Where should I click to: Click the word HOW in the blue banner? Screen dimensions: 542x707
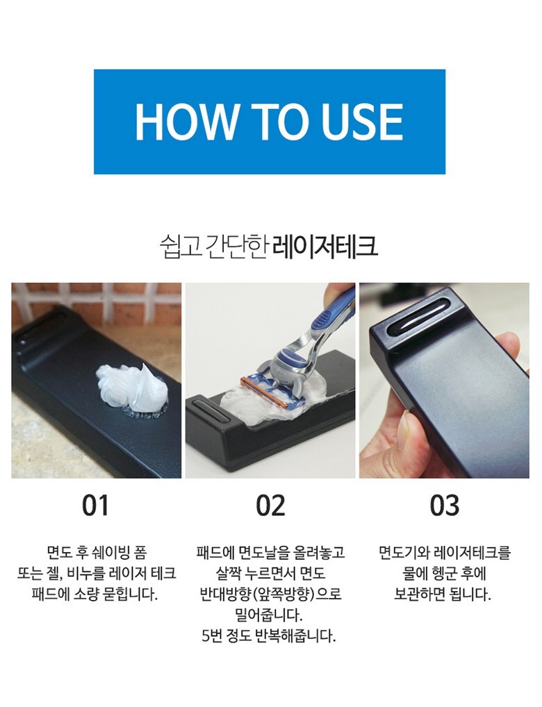coord(186,122)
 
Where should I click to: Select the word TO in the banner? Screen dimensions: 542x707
coord(279,122)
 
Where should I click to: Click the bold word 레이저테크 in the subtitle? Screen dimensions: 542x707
coord(325,246)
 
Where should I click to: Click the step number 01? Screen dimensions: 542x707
coord(96,506)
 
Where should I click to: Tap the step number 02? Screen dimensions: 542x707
coord(270,506)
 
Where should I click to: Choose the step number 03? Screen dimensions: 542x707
coord(445,506)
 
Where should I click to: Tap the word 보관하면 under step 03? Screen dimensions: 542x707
coord(421,594)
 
